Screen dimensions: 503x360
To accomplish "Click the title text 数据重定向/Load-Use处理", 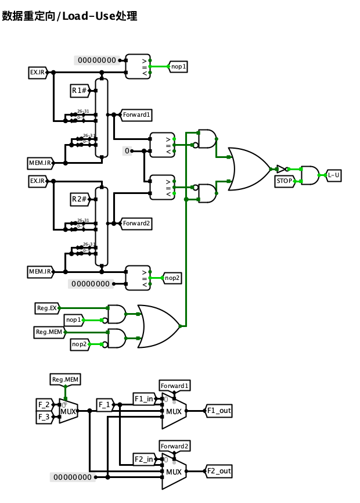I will point(70,16).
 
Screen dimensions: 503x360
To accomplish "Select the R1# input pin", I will point(79,90).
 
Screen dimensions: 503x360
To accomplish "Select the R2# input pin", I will point(79,199).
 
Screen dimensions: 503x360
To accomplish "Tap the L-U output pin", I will point(334,174).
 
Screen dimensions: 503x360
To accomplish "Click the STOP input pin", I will point(284,181).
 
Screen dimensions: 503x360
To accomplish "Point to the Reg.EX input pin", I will point(46,308).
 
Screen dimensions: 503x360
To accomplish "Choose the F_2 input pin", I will point(44,404).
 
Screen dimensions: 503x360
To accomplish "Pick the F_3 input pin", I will point(44,416).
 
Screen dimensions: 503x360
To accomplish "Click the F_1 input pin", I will point(105,404).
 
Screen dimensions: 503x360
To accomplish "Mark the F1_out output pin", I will point(219,411).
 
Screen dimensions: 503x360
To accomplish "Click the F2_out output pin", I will point(219,470).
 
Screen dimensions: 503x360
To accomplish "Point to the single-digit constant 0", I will point(128,151).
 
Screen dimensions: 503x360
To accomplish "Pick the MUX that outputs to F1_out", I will point(174,411).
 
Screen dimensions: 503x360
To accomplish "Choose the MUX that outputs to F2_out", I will point(174,471).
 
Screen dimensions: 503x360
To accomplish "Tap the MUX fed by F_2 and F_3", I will point(68,411).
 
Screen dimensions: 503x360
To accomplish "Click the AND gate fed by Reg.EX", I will point(117,314).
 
